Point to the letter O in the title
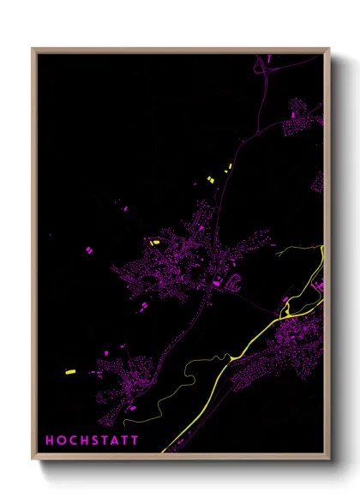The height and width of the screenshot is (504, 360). (x=61, y=440)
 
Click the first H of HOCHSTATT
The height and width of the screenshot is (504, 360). (x=50, y=440)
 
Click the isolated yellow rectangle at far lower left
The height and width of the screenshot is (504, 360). (x=70, y=372)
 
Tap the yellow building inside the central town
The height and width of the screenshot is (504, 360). (x=155, y=243)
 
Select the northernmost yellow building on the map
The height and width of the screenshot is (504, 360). (x=229, y=165)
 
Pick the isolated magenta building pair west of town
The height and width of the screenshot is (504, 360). (x=88, y=249)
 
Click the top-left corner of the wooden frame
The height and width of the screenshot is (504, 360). (x=33, y=49)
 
